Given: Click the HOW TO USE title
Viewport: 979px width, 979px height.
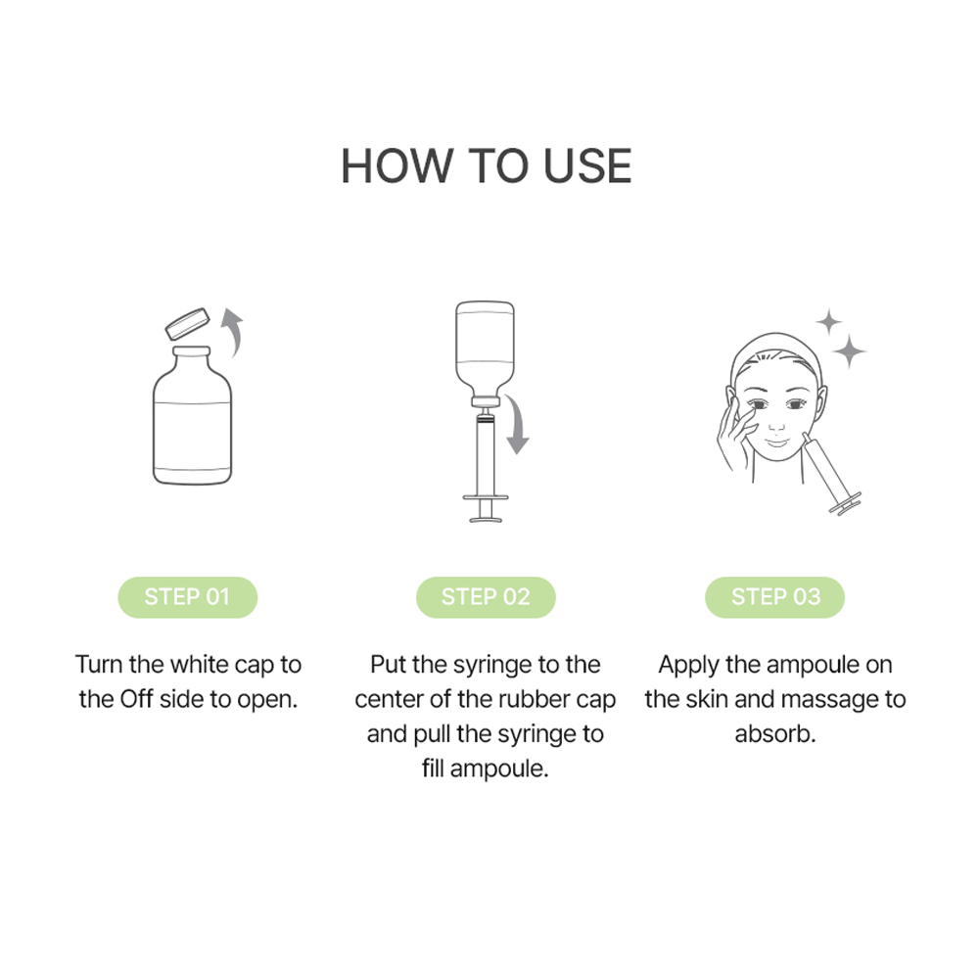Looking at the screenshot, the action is [487, 166].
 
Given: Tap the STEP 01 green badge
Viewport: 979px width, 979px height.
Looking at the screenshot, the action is [187, 597].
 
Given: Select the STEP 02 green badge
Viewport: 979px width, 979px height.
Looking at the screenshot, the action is [486, 597].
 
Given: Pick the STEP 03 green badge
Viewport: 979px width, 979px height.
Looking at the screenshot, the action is [774, 597].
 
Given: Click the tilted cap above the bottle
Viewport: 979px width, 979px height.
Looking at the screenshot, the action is [188, 323].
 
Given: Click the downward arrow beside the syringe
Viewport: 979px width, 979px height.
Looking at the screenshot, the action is [517, 425].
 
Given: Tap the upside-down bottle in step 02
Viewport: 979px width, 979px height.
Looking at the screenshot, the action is [486, 352].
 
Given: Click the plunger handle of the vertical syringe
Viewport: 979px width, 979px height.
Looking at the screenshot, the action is [486, 508].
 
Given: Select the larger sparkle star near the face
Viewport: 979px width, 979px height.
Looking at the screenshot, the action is [850, 351].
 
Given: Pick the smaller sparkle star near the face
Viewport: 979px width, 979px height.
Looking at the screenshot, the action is [829, 322].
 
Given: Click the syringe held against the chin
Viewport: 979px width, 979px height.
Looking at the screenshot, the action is [831, 475].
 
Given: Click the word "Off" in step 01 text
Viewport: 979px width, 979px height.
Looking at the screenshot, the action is [136, 699].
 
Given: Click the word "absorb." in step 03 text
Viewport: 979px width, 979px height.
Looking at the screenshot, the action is [775, 733].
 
